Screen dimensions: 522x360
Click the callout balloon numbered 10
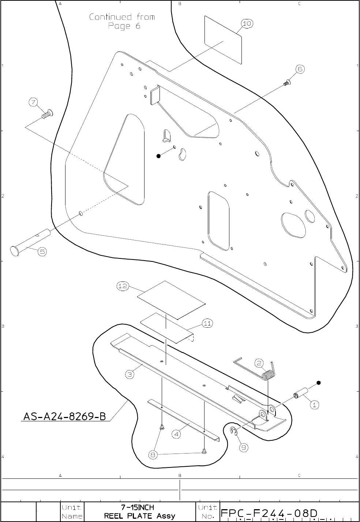coord(247,23)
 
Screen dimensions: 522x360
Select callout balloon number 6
coord(300,69)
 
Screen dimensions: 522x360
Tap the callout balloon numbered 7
coord(34,102)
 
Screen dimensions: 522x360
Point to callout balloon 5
coord(42,251)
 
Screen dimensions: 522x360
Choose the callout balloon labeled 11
coord(207,323)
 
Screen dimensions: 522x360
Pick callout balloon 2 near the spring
coord(259,363)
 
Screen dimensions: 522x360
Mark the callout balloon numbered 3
coord(130,374)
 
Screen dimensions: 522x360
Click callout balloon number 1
coord(315,405)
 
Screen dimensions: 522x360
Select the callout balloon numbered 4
coord(177,435)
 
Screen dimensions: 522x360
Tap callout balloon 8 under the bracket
coord(154,455)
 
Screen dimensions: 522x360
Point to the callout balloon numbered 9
coord(243,447)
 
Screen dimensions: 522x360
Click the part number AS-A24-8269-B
coord(65,416)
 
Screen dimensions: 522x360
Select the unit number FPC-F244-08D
coord(269,512)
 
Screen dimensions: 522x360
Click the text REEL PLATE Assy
coord(140,516)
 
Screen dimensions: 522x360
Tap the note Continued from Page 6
coord(122,22)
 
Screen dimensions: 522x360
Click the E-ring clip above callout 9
coord(234,432)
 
